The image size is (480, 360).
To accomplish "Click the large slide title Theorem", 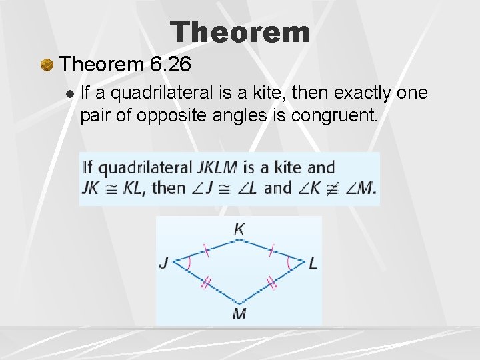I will click(240, 31).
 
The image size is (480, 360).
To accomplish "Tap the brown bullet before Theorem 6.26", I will click(47, 65).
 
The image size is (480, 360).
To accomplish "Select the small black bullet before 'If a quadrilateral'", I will click(71, 93).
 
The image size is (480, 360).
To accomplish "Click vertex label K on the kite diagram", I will click(239, 229).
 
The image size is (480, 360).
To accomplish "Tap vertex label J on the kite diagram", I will click(164, 263).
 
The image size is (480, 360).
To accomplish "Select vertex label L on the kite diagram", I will click(313, 263).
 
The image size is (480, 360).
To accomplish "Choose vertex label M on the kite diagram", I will click(239, 313).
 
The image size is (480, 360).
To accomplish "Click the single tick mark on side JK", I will click(205, 251).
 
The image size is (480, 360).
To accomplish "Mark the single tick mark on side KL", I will click(271, 251).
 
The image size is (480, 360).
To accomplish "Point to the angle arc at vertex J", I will click(188, 263).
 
